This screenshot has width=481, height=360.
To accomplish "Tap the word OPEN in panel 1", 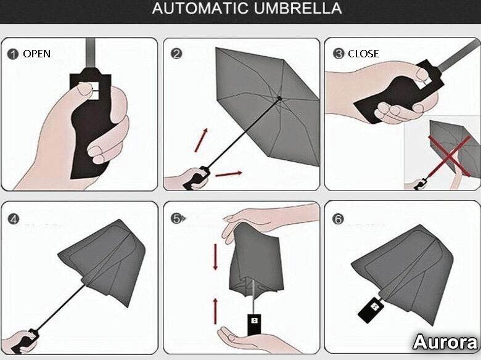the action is pos(37,54).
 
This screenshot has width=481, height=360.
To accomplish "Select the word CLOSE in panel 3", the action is pos(363,54).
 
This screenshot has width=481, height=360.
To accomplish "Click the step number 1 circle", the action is pos(12,54).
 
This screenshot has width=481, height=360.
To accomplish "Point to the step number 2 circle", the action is pos(176,54).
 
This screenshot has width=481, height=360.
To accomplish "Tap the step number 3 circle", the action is pos(339,54).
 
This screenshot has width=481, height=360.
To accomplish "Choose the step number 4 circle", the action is pos(14,219).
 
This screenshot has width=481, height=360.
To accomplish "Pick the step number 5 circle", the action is pos(177,219).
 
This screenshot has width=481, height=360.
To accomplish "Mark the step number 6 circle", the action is pos(338,219).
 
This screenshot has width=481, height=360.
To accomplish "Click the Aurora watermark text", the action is pos(445,342).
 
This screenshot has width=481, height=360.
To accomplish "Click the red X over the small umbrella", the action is pos(450,157).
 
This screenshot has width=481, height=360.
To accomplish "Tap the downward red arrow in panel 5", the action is pos(215,257).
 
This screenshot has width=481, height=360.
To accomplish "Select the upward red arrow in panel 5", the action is pos(215,311).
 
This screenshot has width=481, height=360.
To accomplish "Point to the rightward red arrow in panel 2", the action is pos(229,174).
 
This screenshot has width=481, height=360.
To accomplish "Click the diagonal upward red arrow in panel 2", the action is pos(201,140).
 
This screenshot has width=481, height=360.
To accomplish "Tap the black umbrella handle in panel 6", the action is pos(371,309).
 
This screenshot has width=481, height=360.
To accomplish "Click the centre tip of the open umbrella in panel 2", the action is pos(279,99).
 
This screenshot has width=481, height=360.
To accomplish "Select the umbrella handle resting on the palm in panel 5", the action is pos(254,324).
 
